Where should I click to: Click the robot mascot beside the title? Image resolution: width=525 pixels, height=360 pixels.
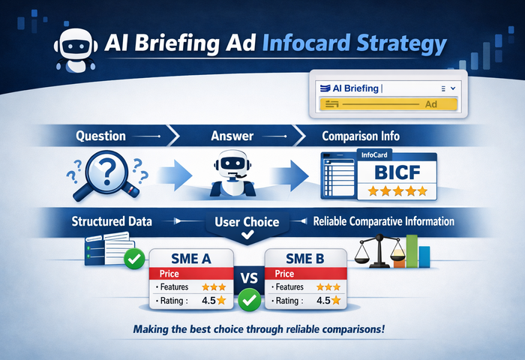point(76,50)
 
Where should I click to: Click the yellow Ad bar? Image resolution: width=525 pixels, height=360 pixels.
point(388,104)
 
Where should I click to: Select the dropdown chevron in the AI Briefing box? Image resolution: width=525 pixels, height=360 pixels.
point(453,88)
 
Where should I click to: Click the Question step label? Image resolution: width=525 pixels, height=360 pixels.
point(100,136)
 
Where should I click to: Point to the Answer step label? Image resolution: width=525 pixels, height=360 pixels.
point(232,136)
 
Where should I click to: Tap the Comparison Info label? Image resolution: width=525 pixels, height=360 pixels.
point(361,136)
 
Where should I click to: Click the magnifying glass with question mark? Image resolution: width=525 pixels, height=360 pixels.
point(106,175)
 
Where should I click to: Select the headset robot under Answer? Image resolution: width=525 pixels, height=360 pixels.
point(232,174)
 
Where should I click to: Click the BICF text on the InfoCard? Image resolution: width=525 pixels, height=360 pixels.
point(397,172)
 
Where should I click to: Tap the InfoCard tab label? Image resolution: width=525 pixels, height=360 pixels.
point(374,155)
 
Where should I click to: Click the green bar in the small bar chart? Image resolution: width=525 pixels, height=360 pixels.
point(412,250)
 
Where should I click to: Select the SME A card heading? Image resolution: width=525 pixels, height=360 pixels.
point(190,259)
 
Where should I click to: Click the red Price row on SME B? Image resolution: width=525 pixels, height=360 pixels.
point(306,274)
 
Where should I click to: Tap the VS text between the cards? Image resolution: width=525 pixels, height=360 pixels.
point(249,278)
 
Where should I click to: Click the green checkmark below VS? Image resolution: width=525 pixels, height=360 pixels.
point(250,300)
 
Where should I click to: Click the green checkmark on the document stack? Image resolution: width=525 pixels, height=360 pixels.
point(134,259)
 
